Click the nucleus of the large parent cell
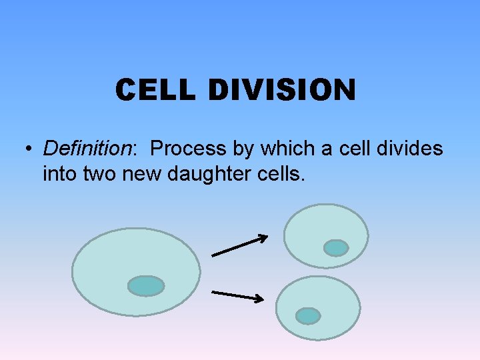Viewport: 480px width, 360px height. click(x=146, y=286)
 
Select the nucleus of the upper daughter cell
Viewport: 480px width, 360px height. click(x=335, y=248)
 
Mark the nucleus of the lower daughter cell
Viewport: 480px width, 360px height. click(x=308, y=315)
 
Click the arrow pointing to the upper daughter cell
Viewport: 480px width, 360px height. click(x=239, y=245)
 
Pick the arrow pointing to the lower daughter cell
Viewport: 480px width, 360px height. click(x=237, y=295)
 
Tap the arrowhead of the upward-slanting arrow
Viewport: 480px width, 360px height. click(x=264, y=237)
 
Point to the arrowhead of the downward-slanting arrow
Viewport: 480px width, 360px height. click(x=260, y=299)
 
